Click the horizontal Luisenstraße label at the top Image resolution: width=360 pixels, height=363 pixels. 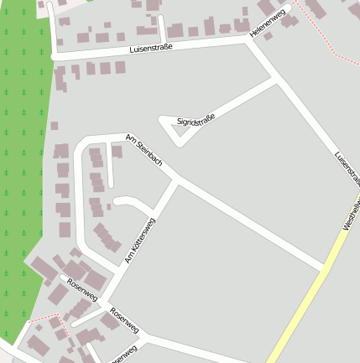[151, 49]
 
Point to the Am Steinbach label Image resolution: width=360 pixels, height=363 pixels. [143, 148]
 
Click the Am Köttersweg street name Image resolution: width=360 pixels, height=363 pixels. [140, 241]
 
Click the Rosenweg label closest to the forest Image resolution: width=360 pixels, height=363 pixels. [81, 288]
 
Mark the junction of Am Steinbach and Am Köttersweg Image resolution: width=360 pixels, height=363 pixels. [177, 180]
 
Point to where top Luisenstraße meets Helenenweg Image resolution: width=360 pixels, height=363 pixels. [249, 38]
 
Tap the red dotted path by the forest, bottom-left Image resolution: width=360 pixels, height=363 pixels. [42, 319]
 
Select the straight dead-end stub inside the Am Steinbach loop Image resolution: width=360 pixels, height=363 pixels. [110, 169]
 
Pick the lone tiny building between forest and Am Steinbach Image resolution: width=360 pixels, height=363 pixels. [54, 126]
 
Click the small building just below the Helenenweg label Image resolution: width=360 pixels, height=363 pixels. [269, 35]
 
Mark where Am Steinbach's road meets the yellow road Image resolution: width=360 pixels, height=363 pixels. [324, 270]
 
